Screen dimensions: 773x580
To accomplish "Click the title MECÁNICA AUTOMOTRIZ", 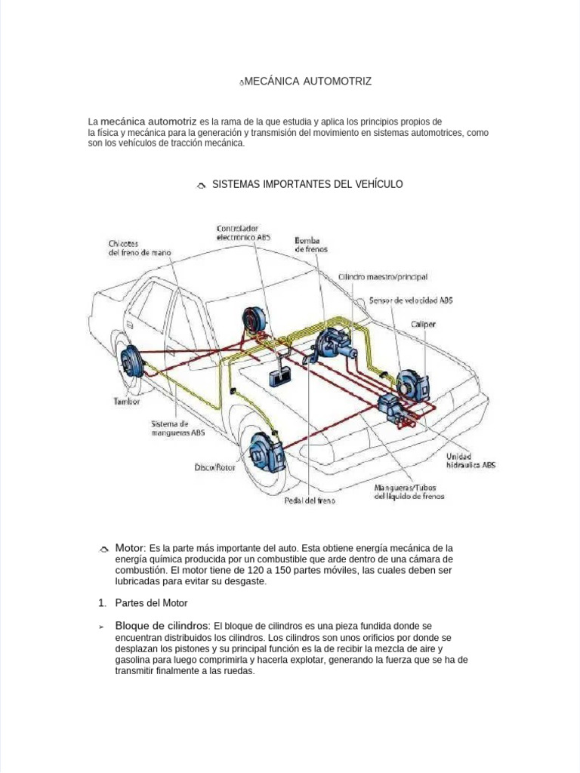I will pyautogui.click(x=307, y=81).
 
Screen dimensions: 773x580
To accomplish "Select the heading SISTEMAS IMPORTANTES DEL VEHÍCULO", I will pyautogui.click(x=307, y=184).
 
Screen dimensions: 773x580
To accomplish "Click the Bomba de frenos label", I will pyautogui.click(x=311, y=244).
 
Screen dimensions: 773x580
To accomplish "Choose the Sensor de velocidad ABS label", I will pyautogui.click(x=411, y=300).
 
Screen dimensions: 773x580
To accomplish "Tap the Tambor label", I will pyautogui.click(x=127, y=402).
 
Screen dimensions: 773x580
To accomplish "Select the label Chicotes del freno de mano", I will pyautogui.click(x=140, y=248).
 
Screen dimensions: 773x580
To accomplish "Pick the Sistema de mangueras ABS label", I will pyautogui.click(x=177, y=428).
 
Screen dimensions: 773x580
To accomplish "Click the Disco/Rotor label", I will pyautogui.click(x=215, y=467).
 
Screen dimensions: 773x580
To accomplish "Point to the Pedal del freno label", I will pyautogui.click(x=310, y=500).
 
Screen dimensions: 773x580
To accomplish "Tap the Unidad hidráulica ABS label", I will pyautogui.click(x=470, y=461).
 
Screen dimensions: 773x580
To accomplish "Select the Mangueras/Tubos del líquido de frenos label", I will pyautogui.click(x=409, y=491).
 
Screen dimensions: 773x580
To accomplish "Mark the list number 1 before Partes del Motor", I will pyautogui.click(x=102, y=603).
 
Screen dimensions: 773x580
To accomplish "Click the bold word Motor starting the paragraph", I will pyautogui.click(x=129, y=547).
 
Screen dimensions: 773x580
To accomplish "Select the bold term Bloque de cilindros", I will pyautogui.click(x=162, y=626).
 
